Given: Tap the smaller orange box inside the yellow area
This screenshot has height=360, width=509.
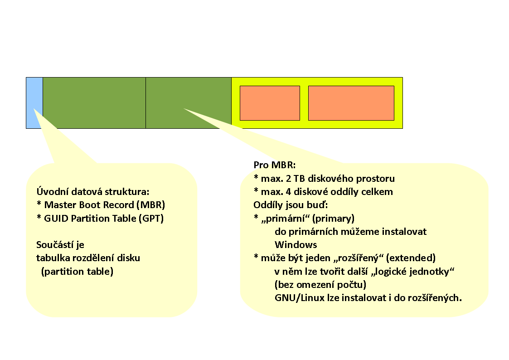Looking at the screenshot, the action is click(x=270, y=103).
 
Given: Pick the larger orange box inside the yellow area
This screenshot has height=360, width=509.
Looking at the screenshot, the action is click(x=351, y=103).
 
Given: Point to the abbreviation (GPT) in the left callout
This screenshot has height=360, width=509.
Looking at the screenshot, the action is click(x=151, y=218).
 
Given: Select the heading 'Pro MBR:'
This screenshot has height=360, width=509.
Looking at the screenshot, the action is click(x=275, y=165).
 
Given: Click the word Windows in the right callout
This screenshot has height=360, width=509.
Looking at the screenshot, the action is click(x=296, y=244).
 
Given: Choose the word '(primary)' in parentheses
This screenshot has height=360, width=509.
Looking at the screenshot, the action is click(x=333, y=218).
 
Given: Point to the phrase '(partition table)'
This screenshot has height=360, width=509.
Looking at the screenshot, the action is click(x=77, y=271).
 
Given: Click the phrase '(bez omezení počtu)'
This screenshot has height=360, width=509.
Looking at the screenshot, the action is click(x=320, y=284).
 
